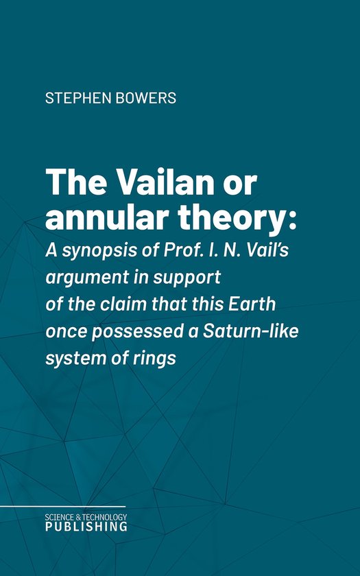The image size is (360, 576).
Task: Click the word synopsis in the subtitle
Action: point(101,252)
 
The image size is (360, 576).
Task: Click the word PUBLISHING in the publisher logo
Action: point(86,527)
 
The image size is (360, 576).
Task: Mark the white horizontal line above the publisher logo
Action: point(63,507)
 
